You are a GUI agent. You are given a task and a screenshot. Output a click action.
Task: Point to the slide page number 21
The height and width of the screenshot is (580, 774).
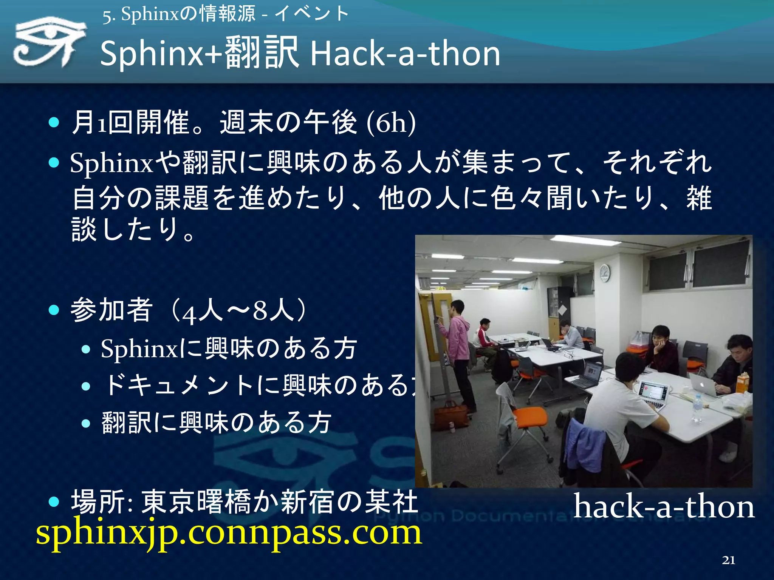point(728,560)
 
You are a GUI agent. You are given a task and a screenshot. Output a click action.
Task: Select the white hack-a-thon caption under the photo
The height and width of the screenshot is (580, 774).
point(664,506)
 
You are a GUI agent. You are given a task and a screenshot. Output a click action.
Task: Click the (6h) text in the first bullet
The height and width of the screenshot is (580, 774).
point(391,122)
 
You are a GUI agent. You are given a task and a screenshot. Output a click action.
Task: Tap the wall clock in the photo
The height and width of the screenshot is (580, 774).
point(604,273)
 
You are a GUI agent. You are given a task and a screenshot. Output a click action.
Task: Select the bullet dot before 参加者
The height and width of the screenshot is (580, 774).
point(54,310)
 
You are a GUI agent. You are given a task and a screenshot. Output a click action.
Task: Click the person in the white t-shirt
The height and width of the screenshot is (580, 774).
point(620,412)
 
